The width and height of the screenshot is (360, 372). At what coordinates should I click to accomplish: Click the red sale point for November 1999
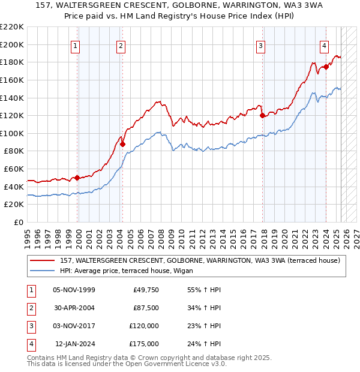point(77,178)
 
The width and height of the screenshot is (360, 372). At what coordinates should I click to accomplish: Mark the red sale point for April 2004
point(122,144)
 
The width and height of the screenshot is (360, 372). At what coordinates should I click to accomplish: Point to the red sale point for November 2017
point(262,116)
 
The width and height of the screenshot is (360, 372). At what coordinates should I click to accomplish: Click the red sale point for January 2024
point(326,67)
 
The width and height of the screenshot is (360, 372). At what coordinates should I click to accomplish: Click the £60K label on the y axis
point(14,169)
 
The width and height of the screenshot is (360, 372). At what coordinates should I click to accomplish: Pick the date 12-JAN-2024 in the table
point(75,344)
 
